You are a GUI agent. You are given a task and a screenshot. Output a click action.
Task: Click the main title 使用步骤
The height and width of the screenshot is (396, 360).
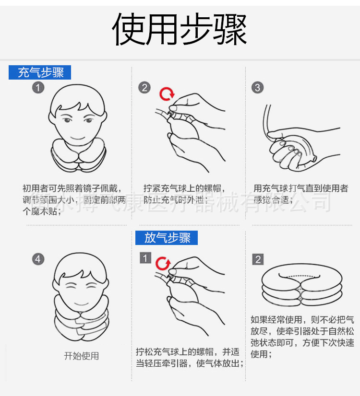[x=180, y=29]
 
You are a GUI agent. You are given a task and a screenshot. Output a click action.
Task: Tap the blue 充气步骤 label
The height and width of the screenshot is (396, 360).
[x=40, y=72]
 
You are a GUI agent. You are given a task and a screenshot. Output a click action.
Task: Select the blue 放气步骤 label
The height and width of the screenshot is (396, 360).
[x=167, y=238]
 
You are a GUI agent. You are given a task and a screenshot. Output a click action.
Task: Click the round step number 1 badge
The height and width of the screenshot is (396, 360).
[x=38, y=87]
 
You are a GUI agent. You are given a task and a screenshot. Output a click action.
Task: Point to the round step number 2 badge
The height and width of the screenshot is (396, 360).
[x=144, y=87]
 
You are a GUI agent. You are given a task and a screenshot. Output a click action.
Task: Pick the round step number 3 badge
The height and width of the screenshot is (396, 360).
[x=258, y=87]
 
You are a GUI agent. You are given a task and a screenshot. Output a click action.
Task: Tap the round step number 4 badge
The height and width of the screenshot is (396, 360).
[x=38, y=259]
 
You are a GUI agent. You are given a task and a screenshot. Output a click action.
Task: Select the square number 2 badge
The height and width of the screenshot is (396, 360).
[x=258, y=259]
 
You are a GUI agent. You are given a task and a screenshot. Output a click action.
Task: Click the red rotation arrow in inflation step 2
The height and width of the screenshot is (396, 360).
[x=167, y=93]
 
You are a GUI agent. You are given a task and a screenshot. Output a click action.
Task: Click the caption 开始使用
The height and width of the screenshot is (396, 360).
[x=82, y=356]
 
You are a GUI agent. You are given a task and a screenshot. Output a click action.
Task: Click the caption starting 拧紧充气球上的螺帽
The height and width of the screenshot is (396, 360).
[x=185, y=194]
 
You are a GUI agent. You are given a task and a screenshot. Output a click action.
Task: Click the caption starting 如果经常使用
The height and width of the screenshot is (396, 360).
[x=302, y=337]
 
